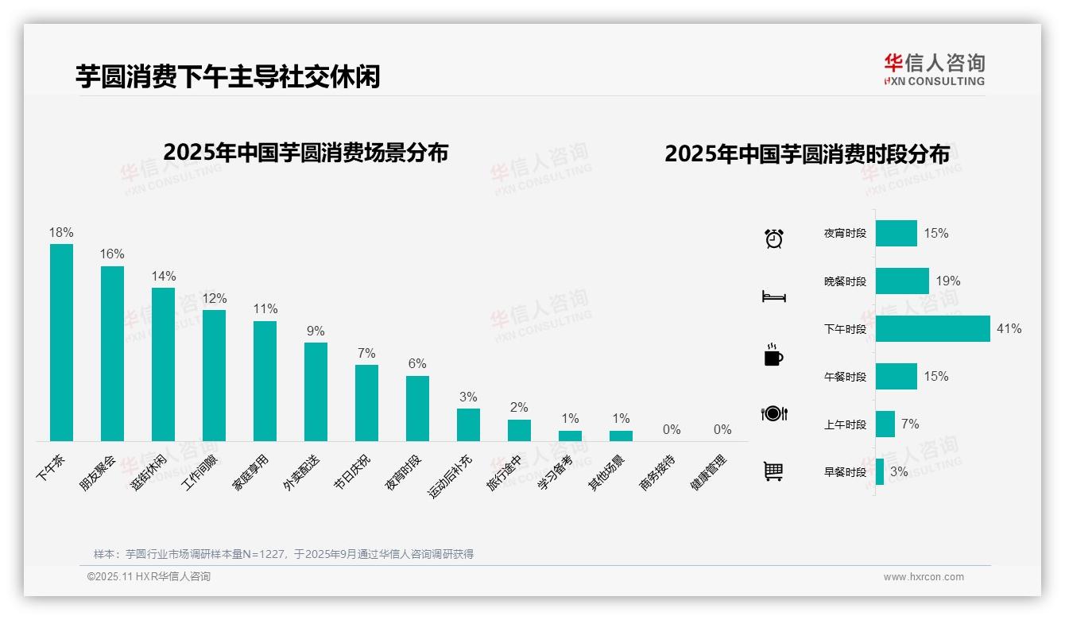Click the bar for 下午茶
click(x=61, y=342)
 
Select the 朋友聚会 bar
click(x=112, y=353)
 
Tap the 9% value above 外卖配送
click(x=316, y=331)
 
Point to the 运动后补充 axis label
click(x=451, y=476)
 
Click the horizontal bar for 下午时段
click(x=932, y=329)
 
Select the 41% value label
click(x=1009, y=329)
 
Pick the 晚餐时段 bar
click(x=902, y=281)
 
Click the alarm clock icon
click(x=773, y=238)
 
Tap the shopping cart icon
click(x=773, y=471)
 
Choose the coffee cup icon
click(x=773, y=355)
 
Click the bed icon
click(x=773, y=296)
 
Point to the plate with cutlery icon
click(x=773, y=413)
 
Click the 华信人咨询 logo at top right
click(x=934, y=69)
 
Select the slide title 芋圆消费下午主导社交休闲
click(x=228, y=76)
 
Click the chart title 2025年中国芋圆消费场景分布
click(x=306, y=152)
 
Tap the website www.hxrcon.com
click(x=924, y=577)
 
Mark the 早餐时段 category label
click(x=845, y=472)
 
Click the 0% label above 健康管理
click(x=722, y=430)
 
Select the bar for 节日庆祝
click(x=366, y=403)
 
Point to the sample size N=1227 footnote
click(x=283, y=554)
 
